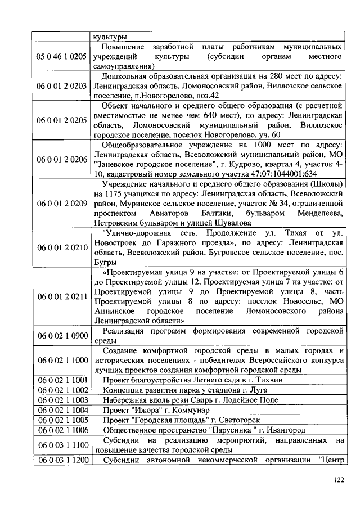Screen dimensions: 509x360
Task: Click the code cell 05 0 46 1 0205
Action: coord(62,57)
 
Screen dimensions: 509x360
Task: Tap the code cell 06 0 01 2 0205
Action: coord(62,120)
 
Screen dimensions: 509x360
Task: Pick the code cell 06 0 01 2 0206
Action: coord(62,159)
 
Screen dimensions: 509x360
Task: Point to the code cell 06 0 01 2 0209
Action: coord(62,203)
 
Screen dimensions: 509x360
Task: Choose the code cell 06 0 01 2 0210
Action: coord(62,247)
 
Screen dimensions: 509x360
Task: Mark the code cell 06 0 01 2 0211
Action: coord(62,295)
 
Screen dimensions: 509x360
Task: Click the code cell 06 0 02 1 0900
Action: coord(62,336)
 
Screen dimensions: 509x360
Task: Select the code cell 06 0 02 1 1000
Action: coord(62,359)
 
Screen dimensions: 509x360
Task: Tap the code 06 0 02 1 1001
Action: coord(62,380)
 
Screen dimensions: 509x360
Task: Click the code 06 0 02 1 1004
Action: coord(62,410)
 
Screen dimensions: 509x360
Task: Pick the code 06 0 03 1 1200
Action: coord(62,461)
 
